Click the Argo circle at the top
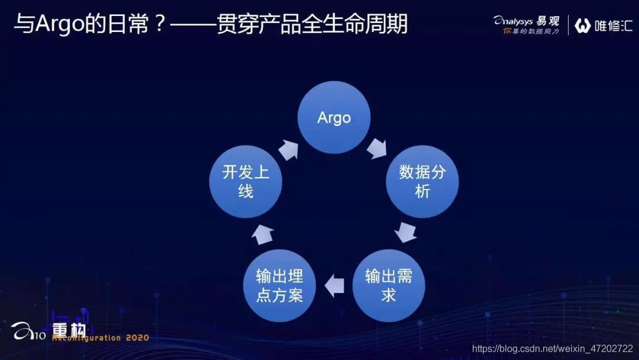[x=334, y=118]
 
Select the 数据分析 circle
[x=422, y=182]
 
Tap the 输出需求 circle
[x=389, y=285]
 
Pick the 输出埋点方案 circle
[x=279, y=285]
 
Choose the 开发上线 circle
[x=246, y=182]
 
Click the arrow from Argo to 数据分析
[x=376, y=149]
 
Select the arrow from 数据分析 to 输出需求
[x=406, y=232]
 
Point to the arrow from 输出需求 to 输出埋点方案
[x=335, y=285]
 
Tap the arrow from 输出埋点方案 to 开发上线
[x=262, y=234]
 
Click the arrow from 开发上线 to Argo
[x=289, y=150]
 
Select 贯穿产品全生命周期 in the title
[x=312, y=25]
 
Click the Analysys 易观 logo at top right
[x=527, y=21]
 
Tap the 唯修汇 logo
[x=603, y=25]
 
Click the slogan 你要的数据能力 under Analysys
[x=531, y=31]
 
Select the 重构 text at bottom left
[x=69, y=329]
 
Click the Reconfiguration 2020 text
[x=101, y=338]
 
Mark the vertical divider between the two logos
[x=569, y=25]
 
